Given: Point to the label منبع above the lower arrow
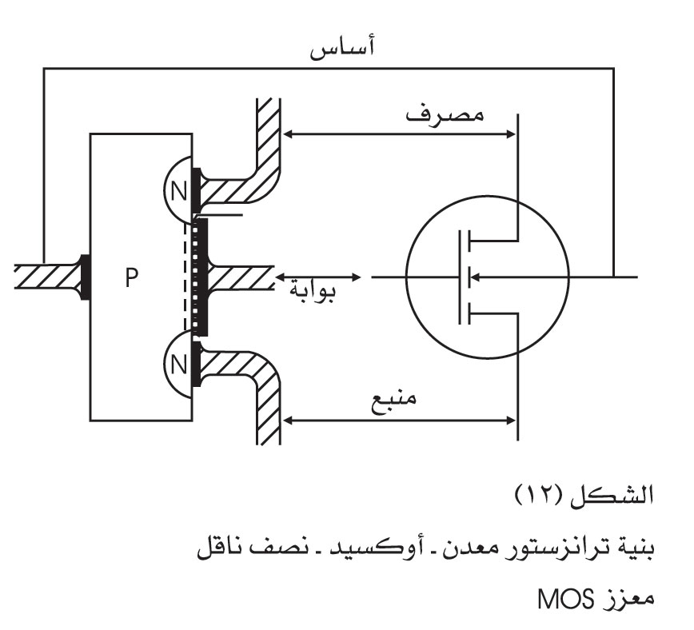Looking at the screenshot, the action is [393, 401].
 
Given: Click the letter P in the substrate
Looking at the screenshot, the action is [131, 277].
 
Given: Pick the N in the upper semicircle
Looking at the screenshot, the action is [178, 192].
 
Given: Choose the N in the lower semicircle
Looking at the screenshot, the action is [178, 365].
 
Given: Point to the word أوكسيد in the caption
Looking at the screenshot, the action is [373, 548].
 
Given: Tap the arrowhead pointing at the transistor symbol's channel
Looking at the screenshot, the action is [474, 277].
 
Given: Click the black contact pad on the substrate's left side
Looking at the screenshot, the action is [86, 277].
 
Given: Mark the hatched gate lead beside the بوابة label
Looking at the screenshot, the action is [239, 277].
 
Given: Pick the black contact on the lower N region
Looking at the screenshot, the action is [196, 364].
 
